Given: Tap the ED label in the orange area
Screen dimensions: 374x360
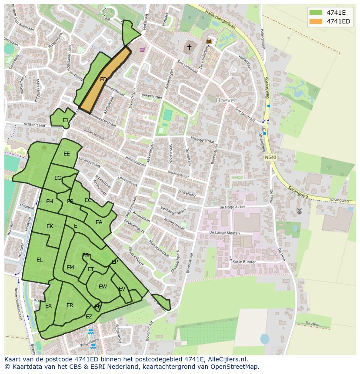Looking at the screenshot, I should (103, 79).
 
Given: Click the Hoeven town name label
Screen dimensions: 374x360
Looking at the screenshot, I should (227, 100).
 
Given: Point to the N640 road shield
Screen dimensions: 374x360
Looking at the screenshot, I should (270, 157).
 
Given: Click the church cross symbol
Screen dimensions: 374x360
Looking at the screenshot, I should (189, 47).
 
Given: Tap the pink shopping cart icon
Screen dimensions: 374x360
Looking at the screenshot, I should (142, 50).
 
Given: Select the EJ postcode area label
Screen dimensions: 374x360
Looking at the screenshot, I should (65, 120).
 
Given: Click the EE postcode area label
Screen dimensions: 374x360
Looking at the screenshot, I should (67, 154).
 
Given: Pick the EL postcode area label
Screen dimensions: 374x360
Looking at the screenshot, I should (40, 260).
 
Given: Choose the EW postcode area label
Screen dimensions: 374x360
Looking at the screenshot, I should (103, 287).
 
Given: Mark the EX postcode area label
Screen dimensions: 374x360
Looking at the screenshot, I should (48, 306).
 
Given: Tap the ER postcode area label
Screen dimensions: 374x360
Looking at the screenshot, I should (70, 305).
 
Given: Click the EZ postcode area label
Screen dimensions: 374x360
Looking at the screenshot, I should (89, 317).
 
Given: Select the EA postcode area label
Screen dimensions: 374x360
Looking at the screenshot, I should (99, 222).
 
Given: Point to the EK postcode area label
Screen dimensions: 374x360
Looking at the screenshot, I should (50, 226).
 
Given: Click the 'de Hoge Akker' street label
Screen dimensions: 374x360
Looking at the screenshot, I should (232, 207).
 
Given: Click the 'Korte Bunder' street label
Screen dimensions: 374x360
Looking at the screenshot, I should (244, 262).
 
